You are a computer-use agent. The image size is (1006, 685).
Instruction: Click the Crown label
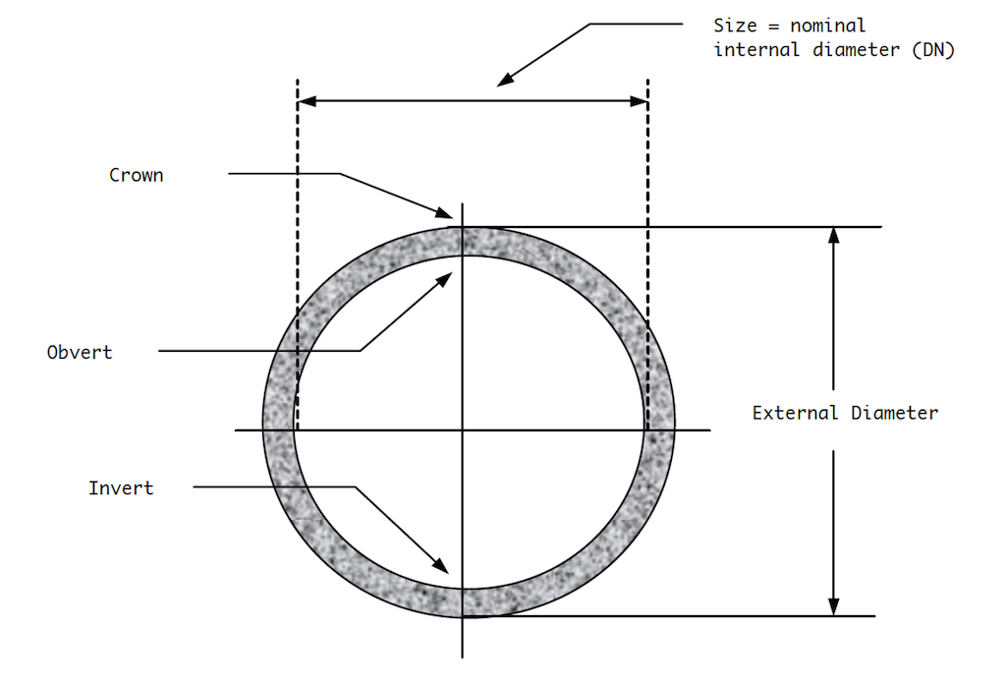(137, 176)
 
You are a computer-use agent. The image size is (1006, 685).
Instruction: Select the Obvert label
(80, 352)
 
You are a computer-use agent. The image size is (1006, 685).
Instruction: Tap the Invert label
(121, 487)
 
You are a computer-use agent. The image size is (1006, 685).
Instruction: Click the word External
(795, 413)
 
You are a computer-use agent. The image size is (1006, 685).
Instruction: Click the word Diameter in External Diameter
(893, 413)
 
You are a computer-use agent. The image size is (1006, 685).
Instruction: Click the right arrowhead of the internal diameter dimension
(640, 101)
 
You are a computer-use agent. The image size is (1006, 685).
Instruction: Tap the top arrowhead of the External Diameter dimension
(833, 235)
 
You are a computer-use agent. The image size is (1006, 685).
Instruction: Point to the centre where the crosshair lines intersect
(463, 429)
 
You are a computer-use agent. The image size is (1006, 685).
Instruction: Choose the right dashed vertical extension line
(647, 246)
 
